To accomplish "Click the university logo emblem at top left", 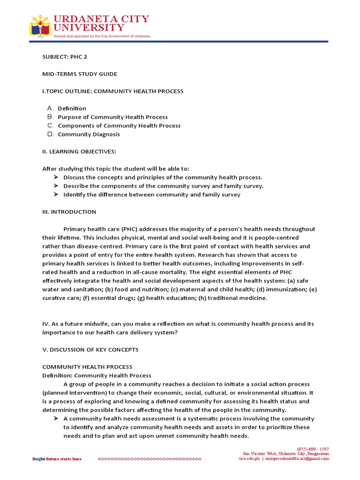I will click(x=41, y=25).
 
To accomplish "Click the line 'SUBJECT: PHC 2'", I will click(x=65, y=57).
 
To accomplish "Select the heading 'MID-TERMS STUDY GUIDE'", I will click(x=80, y=74).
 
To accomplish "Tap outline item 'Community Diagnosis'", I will click(x=89, y=135).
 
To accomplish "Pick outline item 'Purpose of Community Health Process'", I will click(x=112, y=117).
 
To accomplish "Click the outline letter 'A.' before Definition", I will click(x=51, y=108).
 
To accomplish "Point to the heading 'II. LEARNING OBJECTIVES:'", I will click(x=79, y=151).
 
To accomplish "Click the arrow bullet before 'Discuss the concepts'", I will click(x=56, y=177).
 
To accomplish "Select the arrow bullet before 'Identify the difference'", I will click(x=56, y=195).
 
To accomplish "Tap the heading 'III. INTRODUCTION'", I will click(x=69, y=212).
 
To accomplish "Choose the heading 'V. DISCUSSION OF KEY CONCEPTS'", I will click(x=90, y=350).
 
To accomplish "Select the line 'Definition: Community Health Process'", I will click(x=97, y=375).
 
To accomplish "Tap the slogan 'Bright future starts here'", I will click(x=57, y=459).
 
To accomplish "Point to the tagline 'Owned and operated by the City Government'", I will click(x=102, y=36).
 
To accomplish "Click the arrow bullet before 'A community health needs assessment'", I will click(x=56, y=419).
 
